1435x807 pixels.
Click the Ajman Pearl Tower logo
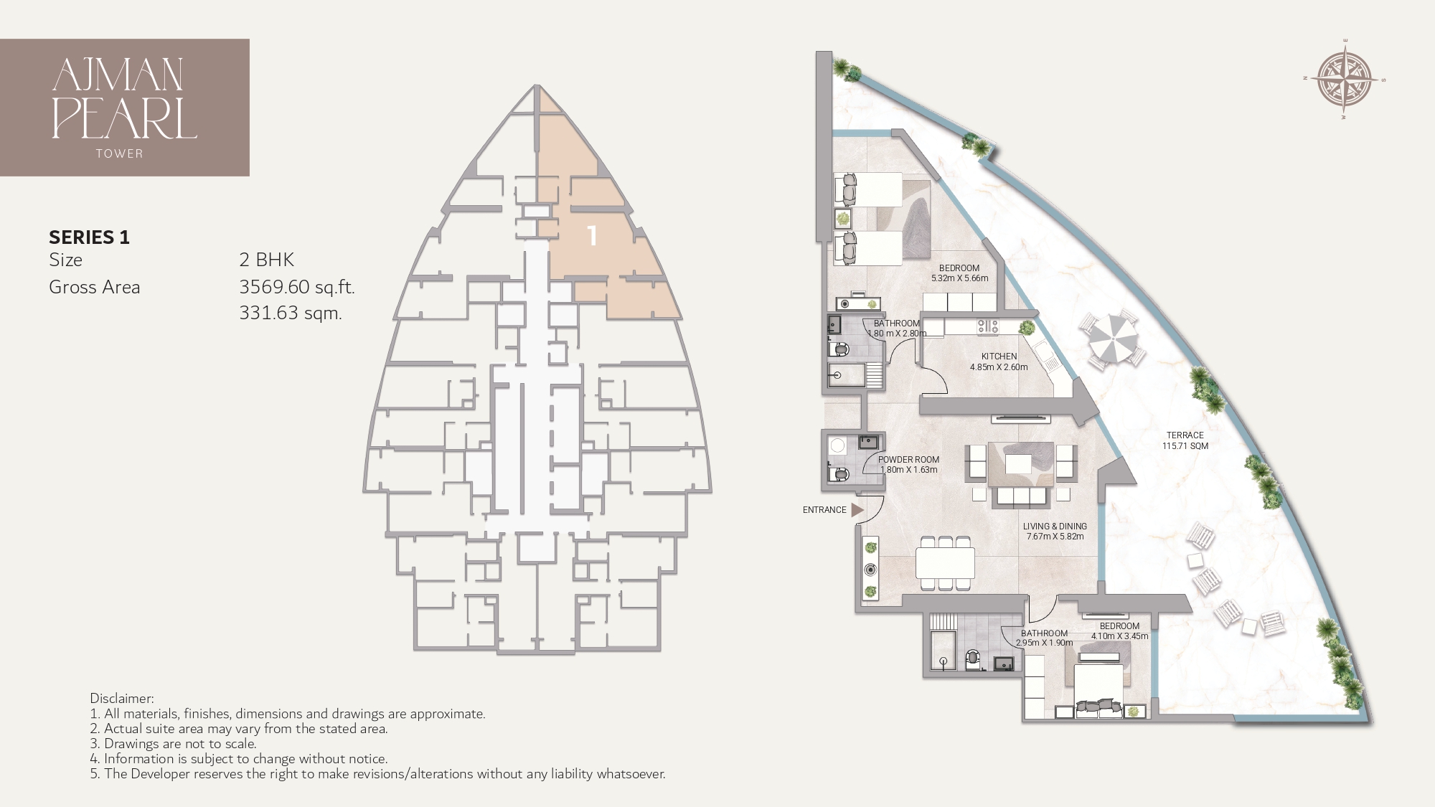click(125, 107)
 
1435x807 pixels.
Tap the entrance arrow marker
click(857, 510)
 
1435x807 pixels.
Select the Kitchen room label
click(999, 357)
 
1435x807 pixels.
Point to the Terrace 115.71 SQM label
click(1185, 440)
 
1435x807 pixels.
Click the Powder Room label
click(908, 460)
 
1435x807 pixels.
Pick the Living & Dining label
click(1055, 527)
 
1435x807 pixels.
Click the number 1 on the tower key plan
click(592, 236)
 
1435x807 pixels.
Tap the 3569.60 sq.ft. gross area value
click(296, 287)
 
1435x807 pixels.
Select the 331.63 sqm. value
click(290, 313)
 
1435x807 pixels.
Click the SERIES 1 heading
click(89, 237)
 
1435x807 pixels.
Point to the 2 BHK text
click(266, 260)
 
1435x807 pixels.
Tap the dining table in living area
click(945, 563)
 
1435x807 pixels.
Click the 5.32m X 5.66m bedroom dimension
click(959, 278)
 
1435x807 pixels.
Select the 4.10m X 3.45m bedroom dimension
click(1119, 636)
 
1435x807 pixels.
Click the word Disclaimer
click(121, 698)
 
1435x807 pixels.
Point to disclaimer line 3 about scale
click(173, 744)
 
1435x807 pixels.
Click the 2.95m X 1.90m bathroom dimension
click(1044, 643)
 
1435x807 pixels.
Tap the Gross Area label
click(94, 287)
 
